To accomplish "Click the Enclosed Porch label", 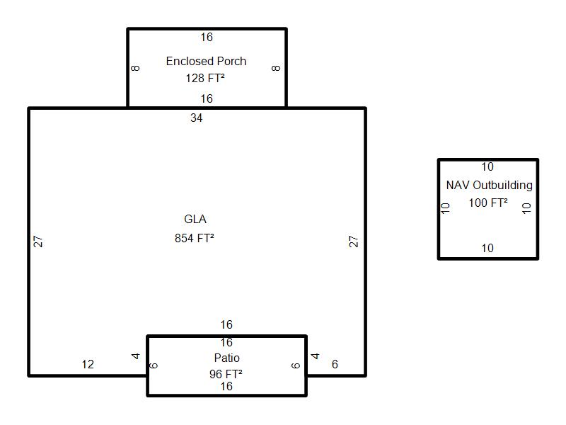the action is coord(206,61).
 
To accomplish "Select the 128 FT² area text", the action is coord(205,78).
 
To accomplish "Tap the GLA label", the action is coord(195,219).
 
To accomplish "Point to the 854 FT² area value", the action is coord(194,238).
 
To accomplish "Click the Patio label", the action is coord(226,358).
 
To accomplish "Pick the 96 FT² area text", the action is coord(226,374).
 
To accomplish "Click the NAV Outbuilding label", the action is coord(490,186).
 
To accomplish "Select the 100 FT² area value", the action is coord(488,203).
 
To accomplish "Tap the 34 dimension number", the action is coord(197,118).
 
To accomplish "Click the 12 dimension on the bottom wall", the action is coord(88,364).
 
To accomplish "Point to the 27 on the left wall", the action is coord(38,242).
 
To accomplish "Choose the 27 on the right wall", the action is coord(353,242).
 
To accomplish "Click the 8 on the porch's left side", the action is coord(135,68).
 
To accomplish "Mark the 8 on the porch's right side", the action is coord(276,68).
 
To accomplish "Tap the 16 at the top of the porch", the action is coord(207,38).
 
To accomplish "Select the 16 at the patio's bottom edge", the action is coord(226,386).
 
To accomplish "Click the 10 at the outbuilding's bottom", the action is coord(487,249).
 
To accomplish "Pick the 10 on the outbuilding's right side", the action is coord(526,208).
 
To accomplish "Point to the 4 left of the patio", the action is coord(135,356).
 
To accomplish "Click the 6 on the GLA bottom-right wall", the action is coord(335,364).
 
